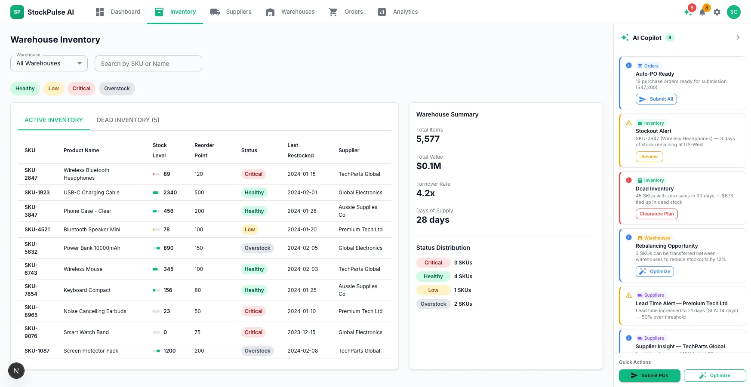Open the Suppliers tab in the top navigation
coord(231,12)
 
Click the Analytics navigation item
coord(397,12)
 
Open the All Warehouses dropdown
coord(49,64)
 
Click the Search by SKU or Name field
coord(148,64)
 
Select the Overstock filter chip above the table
coord(117,89)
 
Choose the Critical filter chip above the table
coord(81,89)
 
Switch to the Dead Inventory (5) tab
coord(128,120)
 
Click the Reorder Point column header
coord(204,150)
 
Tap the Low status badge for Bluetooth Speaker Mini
coord(250,230)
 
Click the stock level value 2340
coord(170,193)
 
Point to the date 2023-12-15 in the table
coord(302,332)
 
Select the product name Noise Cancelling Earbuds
coord(95,311)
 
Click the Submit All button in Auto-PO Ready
coord(656,99)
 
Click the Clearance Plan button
coord(656,214)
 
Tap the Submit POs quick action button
coord(649,375)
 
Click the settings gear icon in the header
coord(717,12)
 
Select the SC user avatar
coord(734,12)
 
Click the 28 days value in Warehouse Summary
coord(433,220)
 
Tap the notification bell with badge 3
coord(703,12)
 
